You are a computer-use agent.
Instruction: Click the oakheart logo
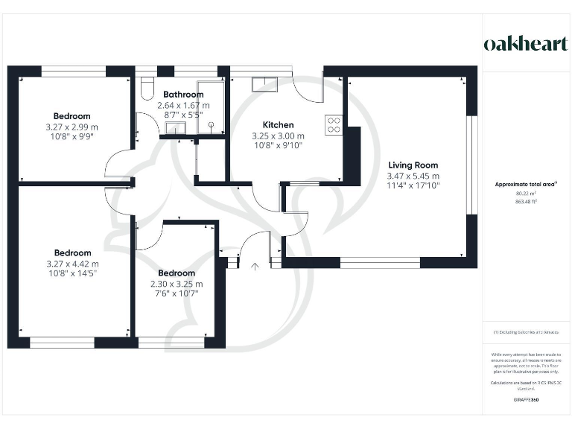coord(526,43)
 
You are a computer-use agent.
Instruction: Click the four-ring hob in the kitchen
coord(334,124)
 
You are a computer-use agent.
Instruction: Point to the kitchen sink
coord(264,83)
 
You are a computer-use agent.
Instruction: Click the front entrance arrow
coord(255,265)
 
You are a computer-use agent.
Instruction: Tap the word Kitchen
coord(278,125)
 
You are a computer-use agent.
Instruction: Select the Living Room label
coord(413,165)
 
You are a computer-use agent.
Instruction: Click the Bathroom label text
coord(183,95)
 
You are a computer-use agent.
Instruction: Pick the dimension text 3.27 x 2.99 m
coord(71,127)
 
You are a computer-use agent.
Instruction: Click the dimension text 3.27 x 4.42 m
coord(71,264)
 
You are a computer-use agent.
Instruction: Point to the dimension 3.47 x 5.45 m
coord(413,176)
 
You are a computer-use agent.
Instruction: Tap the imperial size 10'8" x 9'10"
coord(278,146)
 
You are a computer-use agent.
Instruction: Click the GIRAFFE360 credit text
coord(526,400)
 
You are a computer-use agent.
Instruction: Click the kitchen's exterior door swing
coord(308,89)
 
